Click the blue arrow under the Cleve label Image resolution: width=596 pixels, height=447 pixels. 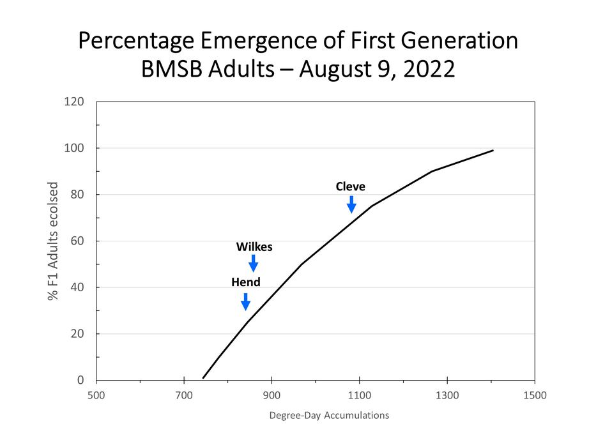tap(351, 205)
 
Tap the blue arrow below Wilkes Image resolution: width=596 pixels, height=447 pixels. tap(254, 263)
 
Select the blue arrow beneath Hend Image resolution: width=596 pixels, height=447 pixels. tap(245, 301)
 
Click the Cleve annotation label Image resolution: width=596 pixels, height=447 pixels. tap(351, 186)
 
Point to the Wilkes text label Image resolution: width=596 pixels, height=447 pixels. tap(254, 246)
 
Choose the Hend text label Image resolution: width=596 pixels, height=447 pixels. tap(246, 282)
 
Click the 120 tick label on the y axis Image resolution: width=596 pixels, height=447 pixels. tap(75, 102)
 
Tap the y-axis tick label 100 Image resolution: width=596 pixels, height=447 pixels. tap(75, 148)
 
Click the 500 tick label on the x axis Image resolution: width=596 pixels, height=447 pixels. tap(96, 395)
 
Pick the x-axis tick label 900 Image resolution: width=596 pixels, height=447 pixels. tap(271, 395)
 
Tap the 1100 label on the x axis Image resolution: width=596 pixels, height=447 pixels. tap(359, 395)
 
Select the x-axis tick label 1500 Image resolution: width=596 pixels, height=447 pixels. tap(535, 395)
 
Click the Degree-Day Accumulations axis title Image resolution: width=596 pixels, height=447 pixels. tap(329, 416)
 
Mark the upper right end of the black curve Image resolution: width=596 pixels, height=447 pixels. tap(493, 151)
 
